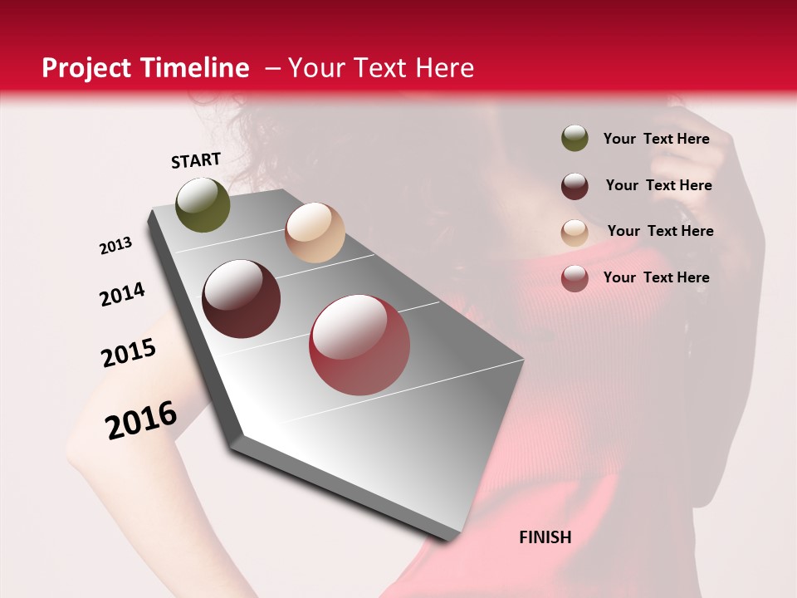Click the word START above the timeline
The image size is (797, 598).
[196, 160]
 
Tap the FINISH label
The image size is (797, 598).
[545, 537]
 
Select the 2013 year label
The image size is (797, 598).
[116, 245]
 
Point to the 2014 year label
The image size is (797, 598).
[122, 294]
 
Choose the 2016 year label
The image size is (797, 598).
[141, 419]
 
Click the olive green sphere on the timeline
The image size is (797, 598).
[203, 204]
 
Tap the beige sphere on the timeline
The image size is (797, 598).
[315, 233]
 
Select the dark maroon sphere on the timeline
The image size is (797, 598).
[241, 299]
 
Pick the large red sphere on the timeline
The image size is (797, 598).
[359, 345]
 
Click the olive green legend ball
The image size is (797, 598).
[575, 138]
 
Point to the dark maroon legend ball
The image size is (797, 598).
[575, 185]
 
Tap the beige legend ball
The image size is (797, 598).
[575, 232]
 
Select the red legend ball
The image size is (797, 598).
[575, 278]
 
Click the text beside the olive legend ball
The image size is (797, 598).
[656, 139]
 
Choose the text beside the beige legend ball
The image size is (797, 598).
[660, 231]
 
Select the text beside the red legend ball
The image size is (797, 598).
[656, 277]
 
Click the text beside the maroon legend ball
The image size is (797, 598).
[658, 185]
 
